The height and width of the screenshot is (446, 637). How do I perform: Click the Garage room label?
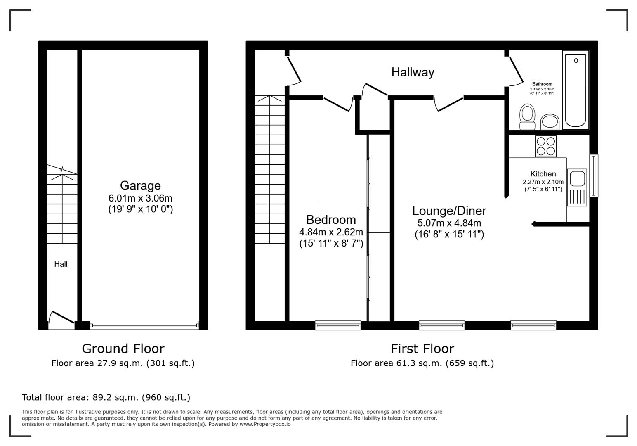coord(140,185)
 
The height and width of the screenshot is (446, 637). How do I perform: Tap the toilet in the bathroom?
coord(527,117)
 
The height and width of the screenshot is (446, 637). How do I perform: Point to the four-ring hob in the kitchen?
coord(545,146)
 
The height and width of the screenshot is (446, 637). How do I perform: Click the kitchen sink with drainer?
coord(577,187)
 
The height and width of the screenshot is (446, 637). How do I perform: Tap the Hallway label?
coord(413,72)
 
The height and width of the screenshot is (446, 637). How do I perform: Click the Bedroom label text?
coord(331,219)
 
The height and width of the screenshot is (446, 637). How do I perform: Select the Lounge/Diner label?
coord(449,211)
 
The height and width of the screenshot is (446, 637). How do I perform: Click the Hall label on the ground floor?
coord(61,264)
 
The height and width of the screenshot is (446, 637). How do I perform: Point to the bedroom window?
coord(338,325)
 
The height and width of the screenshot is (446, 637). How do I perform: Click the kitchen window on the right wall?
coord(594,176)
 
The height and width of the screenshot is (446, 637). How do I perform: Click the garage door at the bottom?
coord(144,326)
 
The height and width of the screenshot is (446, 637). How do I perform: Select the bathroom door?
coord(515,71)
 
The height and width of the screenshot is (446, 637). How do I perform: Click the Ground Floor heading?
coord(123,349)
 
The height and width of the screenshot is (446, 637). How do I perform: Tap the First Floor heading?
coord(422,349)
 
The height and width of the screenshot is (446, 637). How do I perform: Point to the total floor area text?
coord(106,397)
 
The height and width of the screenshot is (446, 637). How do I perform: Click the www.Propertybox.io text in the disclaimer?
coord(265,424)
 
